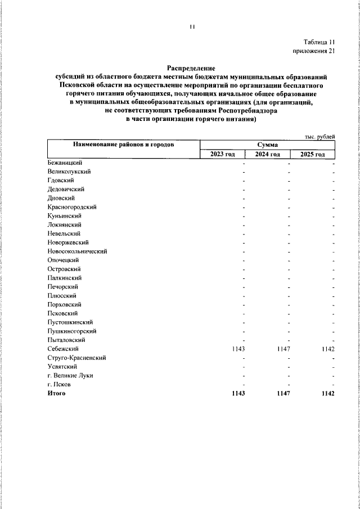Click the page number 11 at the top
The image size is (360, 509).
(191, 26)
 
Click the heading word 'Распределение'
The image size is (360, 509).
(191, 67)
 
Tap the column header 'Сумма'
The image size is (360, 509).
(268, 145)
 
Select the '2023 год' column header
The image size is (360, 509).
(223, 154)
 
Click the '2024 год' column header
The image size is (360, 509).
(268, 154)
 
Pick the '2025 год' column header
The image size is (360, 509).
(312, 154)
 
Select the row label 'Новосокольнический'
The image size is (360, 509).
(78, 251)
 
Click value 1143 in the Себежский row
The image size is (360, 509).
(238, 349)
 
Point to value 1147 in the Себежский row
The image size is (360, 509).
(283, 349)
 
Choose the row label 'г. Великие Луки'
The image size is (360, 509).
(70, 376)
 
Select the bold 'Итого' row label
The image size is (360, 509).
(57, 393)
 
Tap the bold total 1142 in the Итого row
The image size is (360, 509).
(327, 393)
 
